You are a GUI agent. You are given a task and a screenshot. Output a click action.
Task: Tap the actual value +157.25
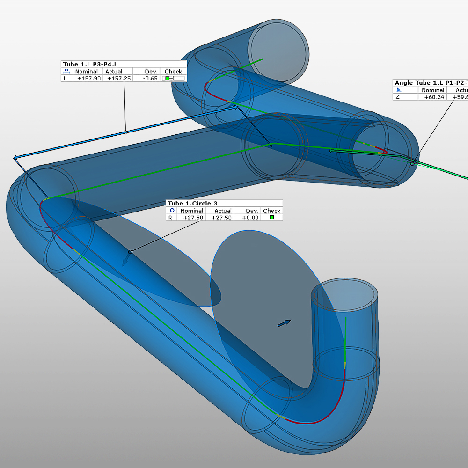[119, 79]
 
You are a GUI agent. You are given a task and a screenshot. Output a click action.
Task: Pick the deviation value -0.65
[151, 79]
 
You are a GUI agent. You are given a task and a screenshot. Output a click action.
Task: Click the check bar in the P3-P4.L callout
[173, 79]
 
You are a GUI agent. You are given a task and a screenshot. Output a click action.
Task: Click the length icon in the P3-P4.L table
[66, 72]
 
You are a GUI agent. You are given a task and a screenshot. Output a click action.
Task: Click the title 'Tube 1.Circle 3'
[193, 203]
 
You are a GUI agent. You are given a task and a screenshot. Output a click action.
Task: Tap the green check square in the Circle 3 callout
[272, 218]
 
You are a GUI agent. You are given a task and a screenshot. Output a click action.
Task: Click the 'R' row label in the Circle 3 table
[170, 218]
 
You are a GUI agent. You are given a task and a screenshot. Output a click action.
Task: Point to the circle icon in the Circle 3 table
[172, 211]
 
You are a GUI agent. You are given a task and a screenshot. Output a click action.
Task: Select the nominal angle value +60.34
[433, 97]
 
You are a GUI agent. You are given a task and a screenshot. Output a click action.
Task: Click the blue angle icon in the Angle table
[399, 90]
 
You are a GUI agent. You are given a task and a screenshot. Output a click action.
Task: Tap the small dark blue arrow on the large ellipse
[285, 323]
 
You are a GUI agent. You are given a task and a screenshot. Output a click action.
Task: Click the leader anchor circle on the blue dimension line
[125, 132]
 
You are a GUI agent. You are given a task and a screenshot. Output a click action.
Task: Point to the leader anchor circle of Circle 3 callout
[130, 252]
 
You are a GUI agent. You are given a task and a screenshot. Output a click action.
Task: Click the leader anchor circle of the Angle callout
[412, 163]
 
